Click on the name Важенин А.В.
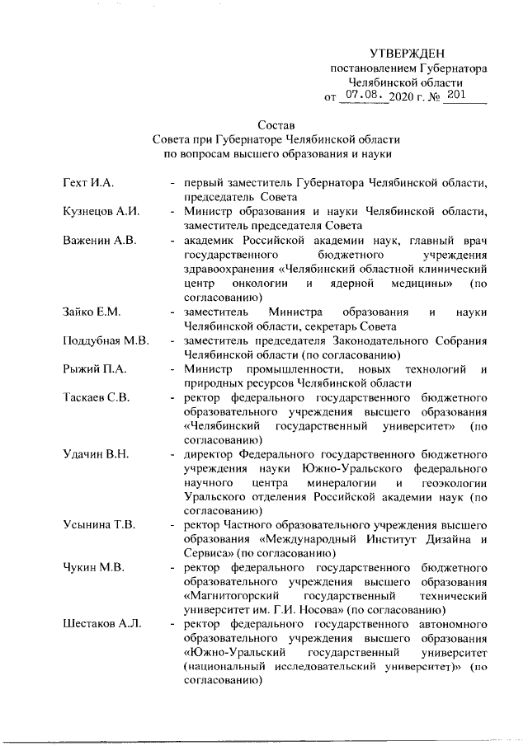point(99,241)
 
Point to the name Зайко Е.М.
point(92,311)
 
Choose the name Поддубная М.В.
point(106,340)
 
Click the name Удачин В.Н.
point(95,453)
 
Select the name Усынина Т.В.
point(99,523)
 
